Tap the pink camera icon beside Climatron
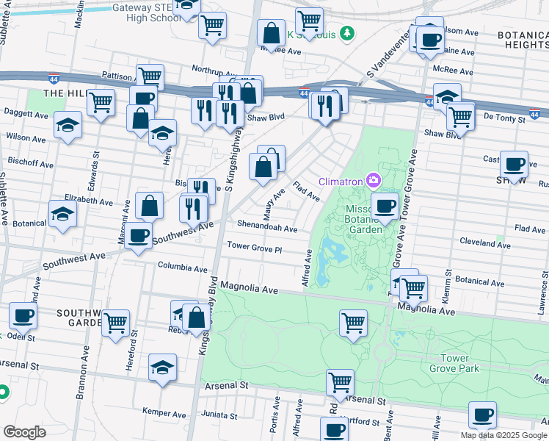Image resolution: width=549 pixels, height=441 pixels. click(x=374, y=180)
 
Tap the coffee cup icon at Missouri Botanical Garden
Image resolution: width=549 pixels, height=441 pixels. click(x=385, y=206)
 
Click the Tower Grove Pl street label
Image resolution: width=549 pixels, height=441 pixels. click(x=255, y=248)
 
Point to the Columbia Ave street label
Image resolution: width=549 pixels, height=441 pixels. click(x=183, y=268)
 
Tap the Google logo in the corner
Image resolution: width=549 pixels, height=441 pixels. click(x=24, y=432)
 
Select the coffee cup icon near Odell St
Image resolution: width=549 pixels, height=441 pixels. click(x=23, y=316)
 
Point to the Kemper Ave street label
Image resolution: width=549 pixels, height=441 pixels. click(x=161, y=412)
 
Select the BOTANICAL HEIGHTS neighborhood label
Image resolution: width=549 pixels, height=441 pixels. click(x=522, y=40)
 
